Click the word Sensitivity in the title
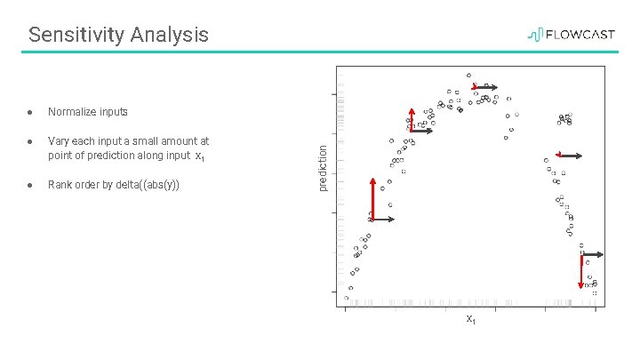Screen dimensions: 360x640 point(76,35)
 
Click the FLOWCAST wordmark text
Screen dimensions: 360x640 point(579,35)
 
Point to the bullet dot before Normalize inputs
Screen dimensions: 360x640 point(30,112)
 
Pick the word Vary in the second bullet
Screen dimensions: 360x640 point(58,140)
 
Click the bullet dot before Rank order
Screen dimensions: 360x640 point(30,185)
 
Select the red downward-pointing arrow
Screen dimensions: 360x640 point(580,271)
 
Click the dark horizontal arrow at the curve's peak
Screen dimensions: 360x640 point(486,87)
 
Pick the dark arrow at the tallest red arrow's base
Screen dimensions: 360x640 point(383,219)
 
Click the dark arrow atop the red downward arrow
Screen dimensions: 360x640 point(592,255)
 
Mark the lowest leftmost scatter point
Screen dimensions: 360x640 point(346,298)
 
